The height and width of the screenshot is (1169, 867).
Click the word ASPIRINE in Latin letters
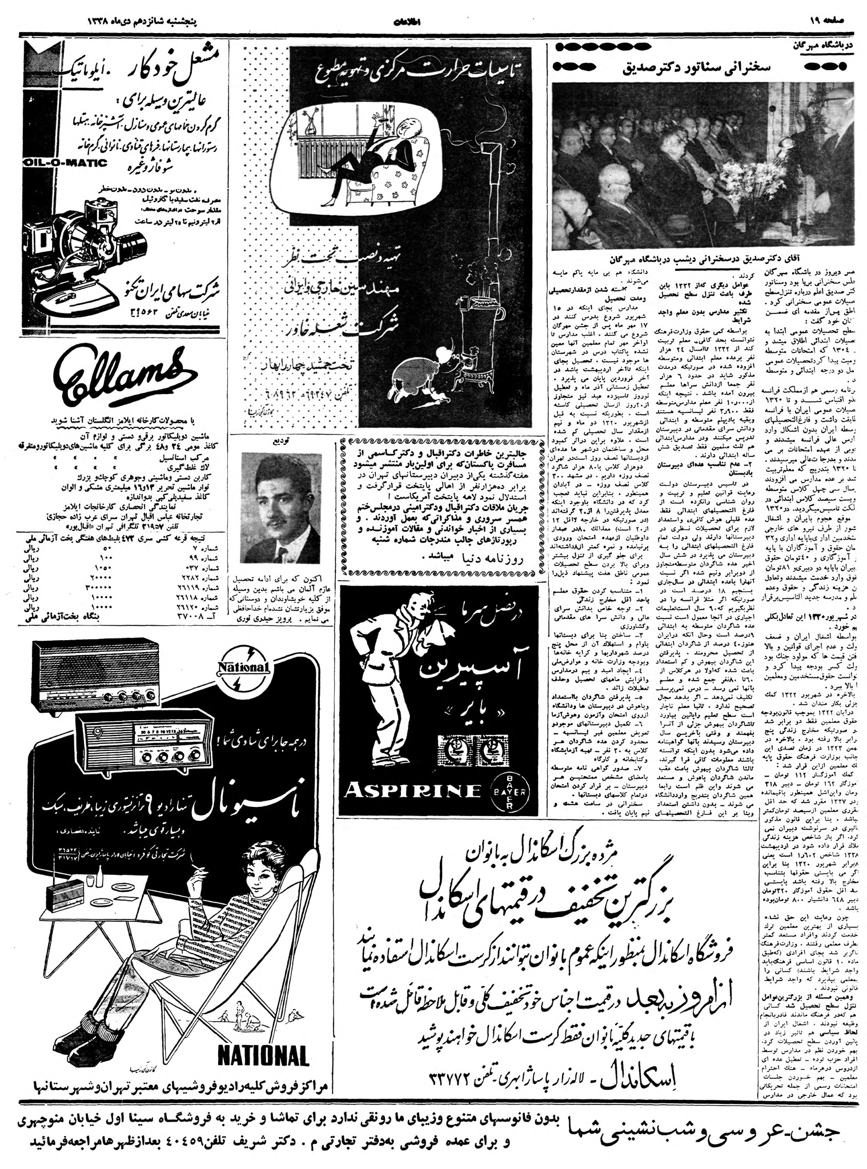412,791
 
